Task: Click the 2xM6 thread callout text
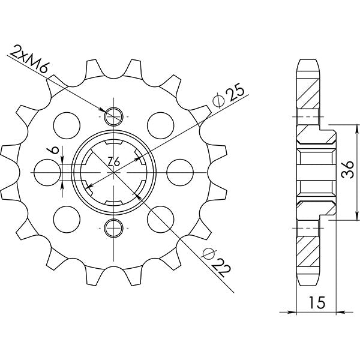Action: pos(28,58)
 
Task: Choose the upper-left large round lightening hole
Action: pos(67,124)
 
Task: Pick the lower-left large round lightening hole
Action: pos(67,218)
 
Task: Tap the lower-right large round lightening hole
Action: pos(161,218)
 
